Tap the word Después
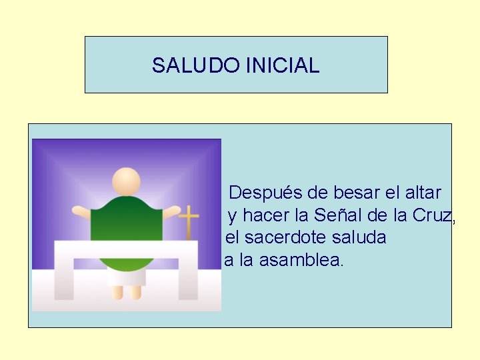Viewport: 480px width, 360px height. click(266, 193)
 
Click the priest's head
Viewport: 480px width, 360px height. click(126, 181)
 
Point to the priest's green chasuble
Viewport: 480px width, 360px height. click(126, 220)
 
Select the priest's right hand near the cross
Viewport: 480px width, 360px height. click(171, 213)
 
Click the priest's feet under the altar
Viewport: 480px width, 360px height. click(127, 292)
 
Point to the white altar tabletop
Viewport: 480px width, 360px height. click(126, 249)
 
